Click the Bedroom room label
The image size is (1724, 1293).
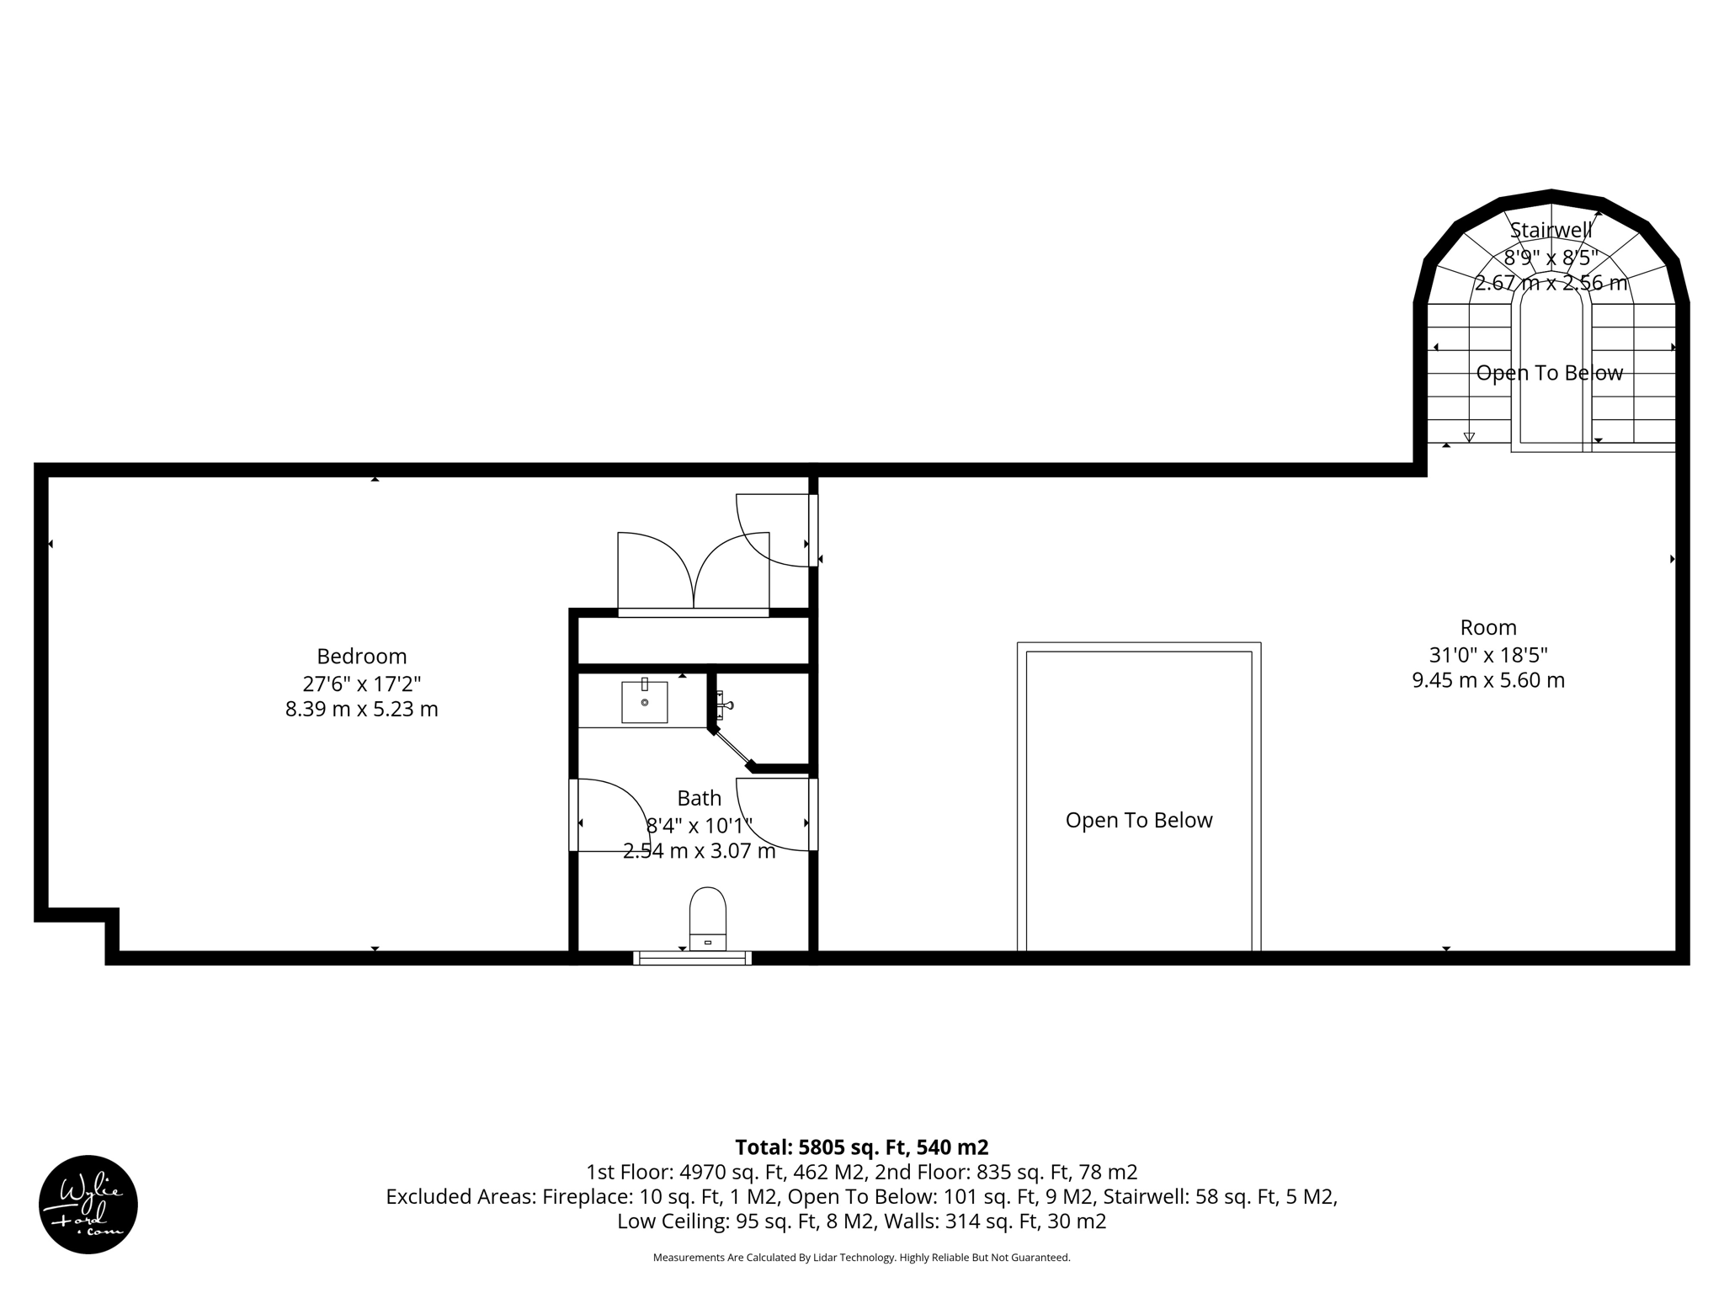tap(361, 656)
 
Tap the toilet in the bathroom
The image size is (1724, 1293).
tap(707, 918)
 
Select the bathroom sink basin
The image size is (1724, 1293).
tap(644, 702)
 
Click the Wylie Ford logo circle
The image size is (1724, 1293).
tap(88, 1204)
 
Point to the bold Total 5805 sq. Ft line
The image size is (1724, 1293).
tap(861, 1147)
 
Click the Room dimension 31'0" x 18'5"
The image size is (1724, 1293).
tap(1488, 654)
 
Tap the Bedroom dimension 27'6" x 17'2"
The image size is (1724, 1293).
tap(361, 683)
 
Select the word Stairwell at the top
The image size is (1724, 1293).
tap(1551, 230)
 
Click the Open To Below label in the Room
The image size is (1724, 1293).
tap(1138, 820)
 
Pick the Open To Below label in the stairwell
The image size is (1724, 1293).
tap(1549, 373)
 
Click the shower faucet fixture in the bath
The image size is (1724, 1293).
tap(722, 705)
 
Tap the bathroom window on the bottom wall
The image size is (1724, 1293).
tap(692, 958)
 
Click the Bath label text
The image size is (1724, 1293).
tap(699, 798)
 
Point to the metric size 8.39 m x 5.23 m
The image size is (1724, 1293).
tap(361, 709)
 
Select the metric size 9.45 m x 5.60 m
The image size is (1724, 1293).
tap(1488, 680)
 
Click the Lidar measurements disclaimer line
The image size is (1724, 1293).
tap(861, 1258)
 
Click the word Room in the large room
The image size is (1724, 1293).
tap(1488, 627)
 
